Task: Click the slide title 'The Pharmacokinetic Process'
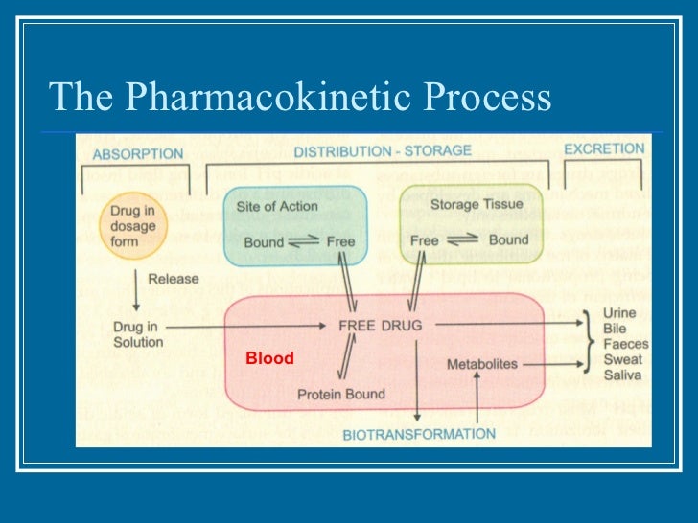(300, 97)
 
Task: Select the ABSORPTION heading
(137, 153)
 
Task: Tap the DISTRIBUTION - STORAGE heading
(382, 151)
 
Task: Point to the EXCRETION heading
(603, 149)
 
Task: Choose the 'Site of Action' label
(276, 206)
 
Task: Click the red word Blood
(269, 358)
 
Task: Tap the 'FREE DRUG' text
(380, 326)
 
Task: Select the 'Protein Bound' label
(340, 394)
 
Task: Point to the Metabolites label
(481, 365)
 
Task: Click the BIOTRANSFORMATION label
(419, 434)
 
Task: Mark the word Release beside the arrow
(173, 279)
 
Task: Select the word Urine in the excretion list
(618, 313)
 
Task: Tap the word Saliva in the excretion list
(622, 375)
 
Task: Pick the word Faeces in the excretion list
(625, 344)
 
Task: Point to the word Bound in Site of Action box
(264, 242)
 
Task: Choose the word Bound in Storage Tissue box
(508, 240)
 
